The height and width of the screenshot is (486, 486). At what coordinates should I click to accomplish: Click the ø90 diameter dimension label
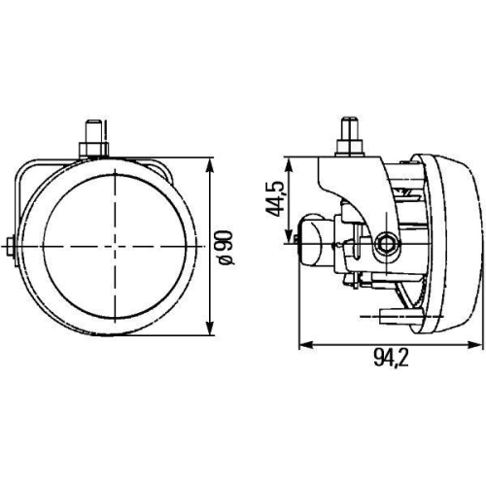pos(226,247)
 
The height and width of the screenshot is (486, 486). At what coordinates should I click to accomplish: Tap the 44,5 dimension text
pos(275,199)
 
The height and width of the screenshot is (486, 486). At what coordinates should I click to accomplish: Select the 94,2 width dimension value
pos(391,358)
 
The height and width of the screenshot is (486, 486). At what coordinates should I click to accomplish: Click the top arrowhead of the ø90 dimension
pos(210,166)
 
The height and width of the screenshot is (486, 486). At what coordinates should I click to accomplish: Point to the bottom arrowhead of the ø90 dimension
pos(210,327)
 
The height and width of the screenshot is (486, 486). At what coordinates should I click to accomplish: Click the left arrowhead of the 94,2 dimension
pos(307,345)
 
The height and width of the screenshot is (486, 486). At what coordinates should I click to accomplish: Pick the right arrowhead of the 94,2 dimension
pos(473,345)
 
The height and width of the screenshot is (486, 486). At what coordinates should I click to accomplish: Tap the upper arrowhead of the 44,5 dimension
pos(289,165)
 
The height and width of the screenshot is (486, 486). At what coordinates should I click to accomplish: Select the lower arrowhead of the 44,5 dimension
pos(289,235)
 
